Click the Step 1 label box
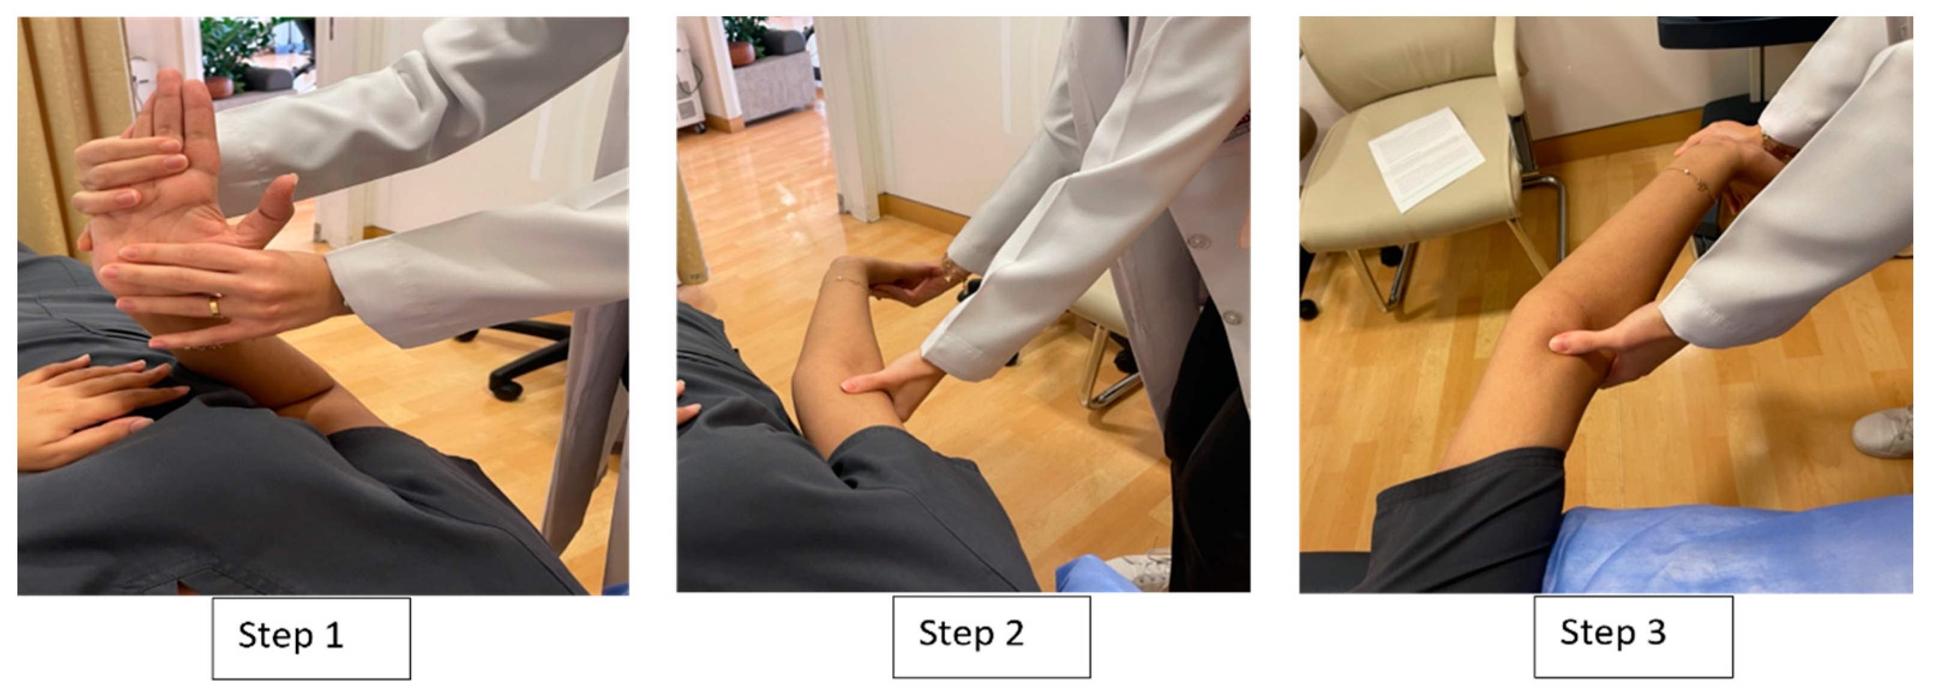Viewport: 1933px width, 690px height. (x=311, y=637)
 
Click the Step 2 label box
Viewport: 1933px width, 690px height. (x=991, y=636)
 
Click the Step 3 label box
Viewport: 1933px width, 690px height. (x=1633, y=635)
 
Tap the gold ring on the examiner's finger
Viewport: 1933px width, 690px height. (x=215, y=306)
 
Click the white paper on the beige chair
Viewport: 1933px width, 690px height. (x=1425, y=158)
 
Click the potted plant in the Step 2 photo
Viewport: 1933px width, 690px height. (x=743, y=41)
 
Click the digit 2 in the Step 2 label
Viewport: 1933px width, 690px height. (x=1014, y=634)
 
